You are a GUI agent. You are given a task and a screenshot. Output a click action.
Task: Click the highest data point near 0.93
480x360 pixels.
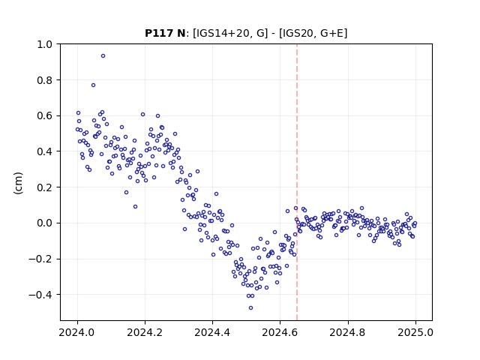click(103, 56)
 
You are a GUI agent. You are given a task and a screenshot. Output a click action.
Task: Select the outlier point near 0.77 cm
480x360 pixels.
click(93, 85)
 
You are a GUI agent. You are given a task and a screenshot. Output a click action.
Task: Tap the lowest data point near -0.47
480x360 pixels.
click(251, 308)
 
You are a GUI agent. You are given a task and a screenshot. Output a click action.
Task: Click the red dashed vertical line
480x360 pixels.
click(297, 182)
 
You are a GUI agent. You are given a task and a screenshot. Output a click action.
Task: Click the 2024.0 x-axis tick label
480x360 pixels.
click(77, 332)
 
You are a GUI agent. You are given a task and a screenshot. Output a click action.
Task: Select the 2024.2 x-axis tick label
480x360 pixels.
click(145, 332)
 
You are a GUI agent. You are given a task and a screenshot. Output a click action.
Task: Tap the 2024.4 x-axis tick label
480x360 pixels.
click(212, 332)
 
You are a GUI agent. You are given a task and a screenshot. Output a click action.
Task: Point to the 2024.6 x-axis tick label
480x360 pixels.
click(280, 332)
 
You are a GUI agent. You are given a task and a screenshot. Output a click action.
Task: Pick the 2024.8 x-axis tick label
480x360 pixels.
click(348, 332)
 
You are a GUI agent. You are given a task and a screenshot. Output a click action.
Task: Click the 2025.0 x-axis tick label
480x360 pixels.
click(415, 332)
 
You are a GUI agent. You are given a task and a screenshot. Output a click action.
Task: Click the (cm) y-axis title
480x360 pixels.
click(18, 183)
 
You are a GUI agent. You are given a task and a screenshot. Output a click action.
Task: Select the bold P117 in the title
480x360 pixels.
click(159, 33)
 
